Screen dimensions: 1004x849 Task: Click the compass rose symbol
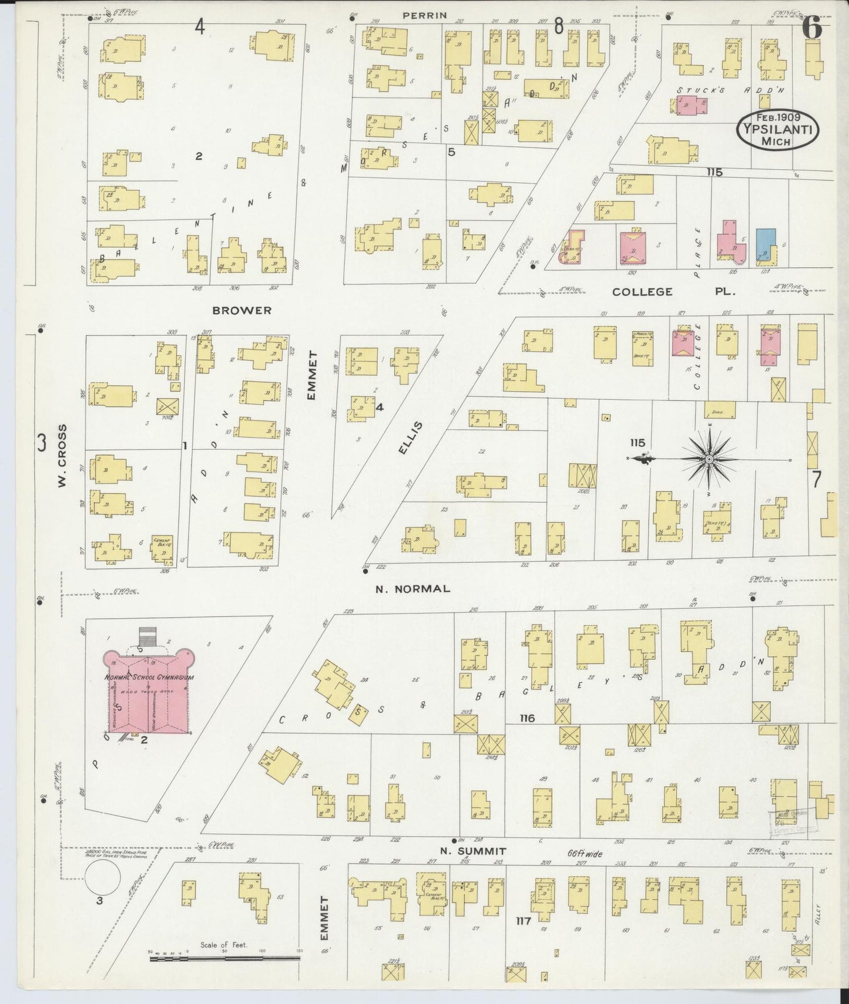[709, 458]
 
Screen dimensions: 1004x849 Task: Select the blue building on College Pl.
[765, 244]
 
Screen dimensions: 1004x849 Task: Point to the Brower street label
[242, 311]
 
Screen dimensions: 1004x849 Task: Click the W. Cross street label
[62, 456]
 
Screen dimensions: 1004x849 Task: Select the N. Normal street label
[413, 589]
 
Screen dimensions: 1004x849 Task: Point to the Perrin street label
[425, 16]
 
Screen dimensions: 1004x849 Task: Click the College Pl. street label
[673, 292]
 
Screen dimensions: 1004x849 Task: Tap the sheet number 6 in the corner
[811, 26]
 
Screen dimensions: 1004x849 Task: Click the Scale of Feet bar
[224, 959]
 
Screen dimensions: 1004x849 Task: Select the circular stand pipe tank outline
[103, 880]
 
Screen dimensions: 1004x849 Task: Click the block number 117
[523, 921]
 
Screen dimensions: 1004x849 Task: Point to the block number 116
[527, 718]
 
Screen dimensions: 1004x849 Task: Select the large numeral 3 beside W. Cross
[41, 443]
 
